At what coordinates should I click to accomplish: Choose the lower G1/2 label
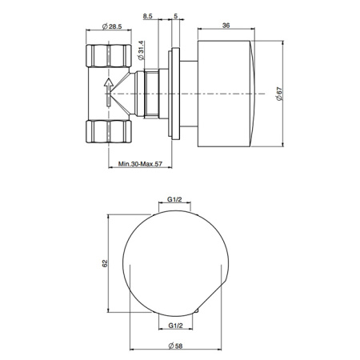176,325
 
